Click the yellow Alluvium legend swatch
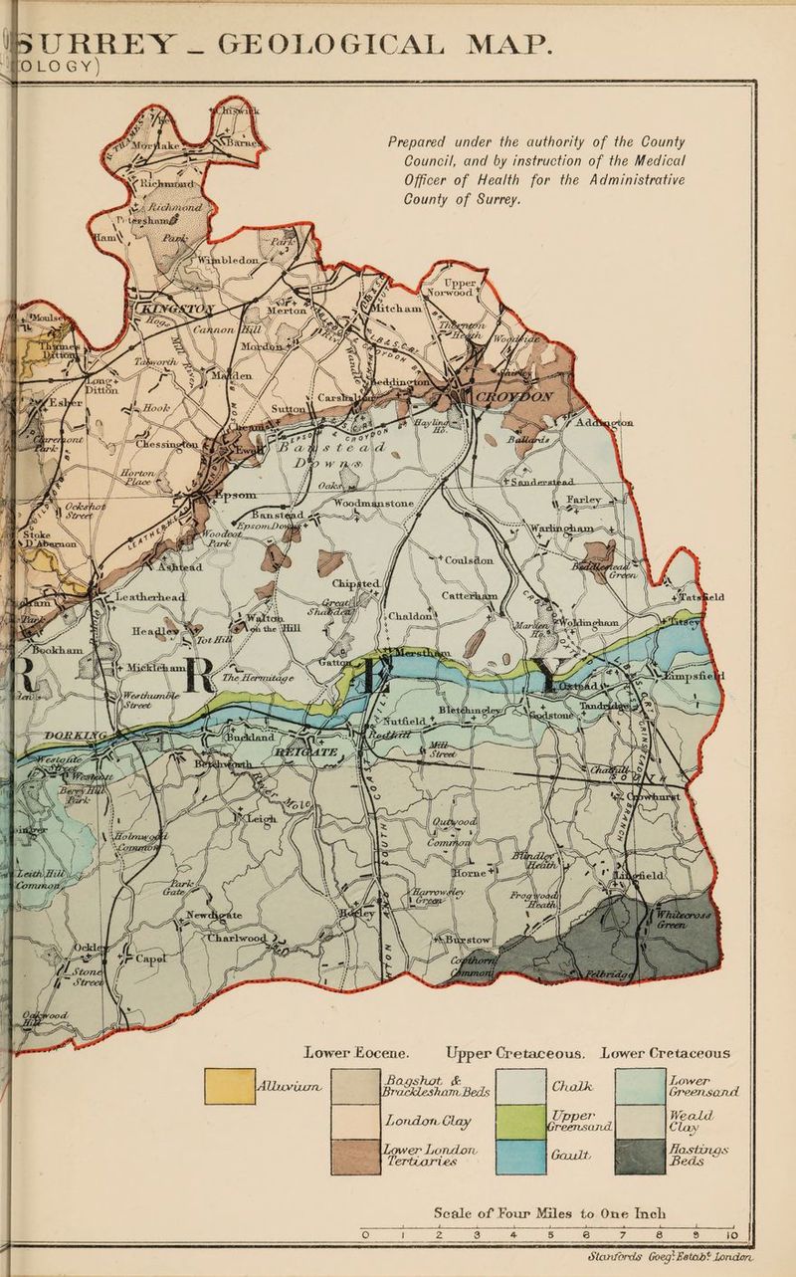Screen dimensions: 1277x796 click(228, 1085)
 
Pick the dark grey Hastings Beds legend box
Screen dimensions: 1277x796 click(640, 1156)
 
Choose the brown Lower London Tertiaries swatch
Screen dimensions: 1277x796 click(355, 1156)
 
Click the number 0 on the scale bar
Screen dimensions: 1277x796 click(366, 1236)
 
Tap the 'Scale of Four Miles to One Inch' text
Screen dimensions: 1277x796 click(549, 1214)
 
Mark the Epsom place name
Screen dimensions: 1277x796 click(237, 495)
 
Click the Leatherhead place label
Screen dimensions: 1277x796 click(152, 595)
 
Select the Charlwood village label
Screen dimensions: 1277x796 click(236, 938)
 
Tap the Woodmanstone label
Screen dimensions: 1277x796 click(373, 505)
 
